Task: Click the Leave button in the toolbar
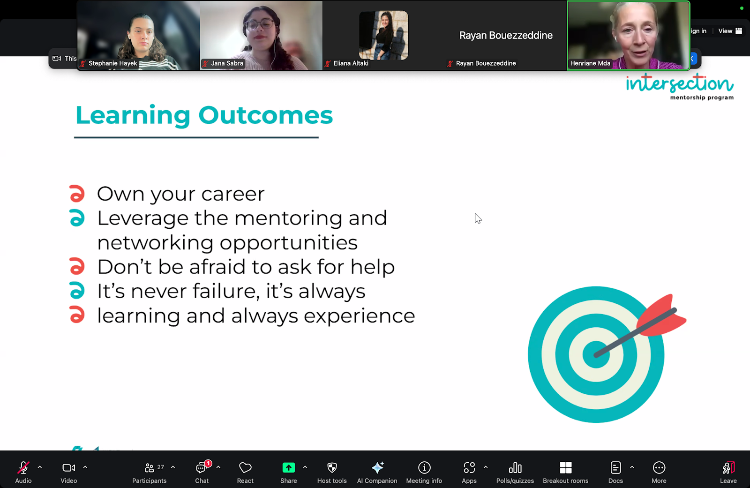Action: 728,472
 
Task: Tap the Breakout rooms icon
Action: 565,467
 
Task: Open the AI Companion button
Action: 377,472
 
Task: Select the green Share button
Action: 288,467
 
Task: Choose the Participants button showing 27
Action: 150,472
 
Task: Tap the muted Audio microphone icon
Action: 23,467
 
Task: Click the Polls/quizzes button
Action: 515,472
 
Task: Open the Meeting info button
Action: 424,472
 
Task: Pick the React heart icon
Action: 245,467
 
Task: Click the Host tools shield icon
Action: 332,467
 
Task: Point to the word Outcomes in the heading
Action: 265,115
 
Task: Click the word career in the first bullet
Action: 232,194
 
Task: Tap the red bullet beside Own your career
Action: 77,194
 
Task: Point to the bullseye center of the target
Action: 596,354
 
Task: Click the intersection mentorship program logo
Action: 680,86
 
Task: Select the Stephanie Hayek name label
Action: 112,63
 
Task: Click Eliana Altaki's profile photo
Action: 383,35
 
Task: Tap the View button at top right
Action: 730,31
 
